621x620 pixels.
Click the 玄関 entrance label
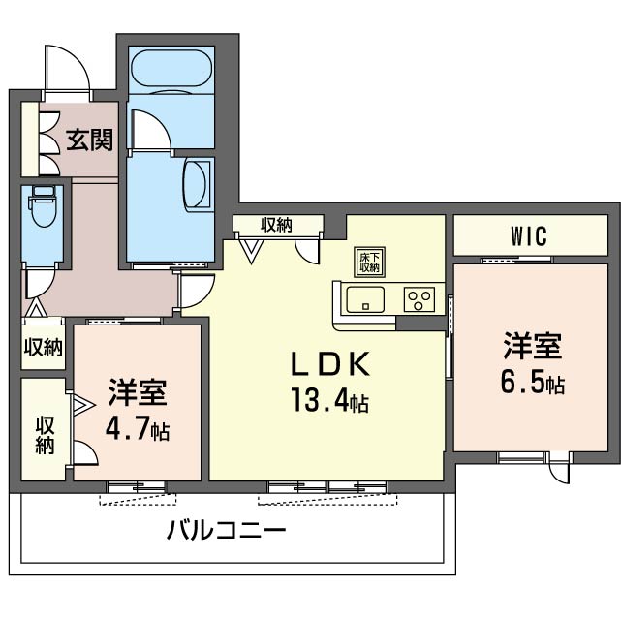click(x=89, y=139)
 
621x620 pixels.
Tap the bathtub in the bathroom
click(x=171, y=67)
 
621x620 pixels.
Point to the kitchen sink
click(x=365, y=299)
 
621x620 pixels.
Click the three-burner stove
click(x=419, y=299)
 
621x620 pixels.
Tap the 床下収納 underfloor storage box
click(x=369, y=263)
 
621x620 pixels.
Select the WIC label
click(x=529, y=235)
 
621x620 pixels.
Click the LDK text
click(x=330, y=364)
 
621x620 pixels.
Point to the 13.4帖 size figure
click(x=330, y=400)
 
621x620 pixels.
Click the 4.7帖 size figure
click(x=138, y=429)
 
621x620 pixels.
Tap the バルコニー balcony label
click(x=226, y=531)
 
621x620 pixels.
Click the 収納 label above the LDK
click(x=276, y=225)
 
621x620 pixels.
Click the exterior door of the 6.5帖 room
click(x=558, y=469)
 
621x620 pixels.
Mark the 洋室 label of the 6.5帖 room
click(x=533, y=347)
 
